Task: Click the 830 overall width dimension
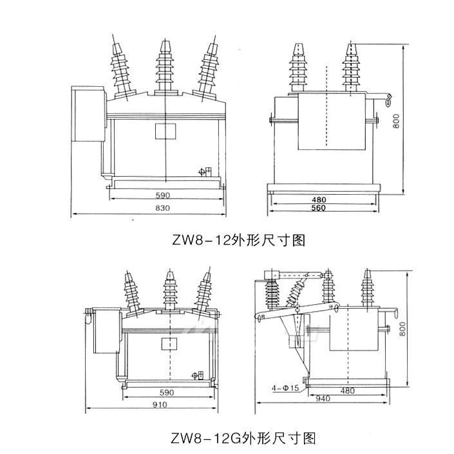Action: tap(164, 208)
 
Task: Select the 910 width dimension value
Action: tap(160, 404)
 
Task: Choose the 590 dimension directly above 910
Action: tap(166, 392)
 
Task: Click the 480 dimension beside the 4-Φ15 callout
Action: tap(348, 391)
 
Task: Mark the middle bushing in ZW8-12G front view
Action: tap(169, 293)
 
